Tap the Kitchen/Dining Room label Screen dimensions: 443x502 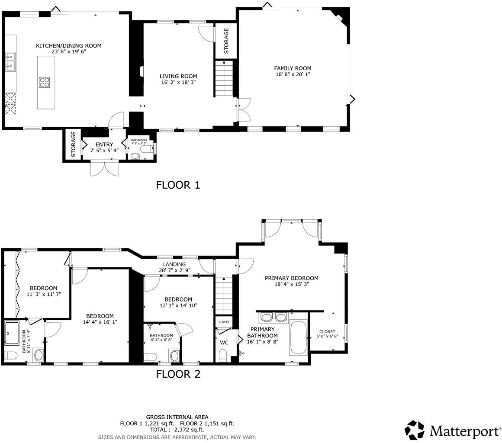click(x=68, y=46)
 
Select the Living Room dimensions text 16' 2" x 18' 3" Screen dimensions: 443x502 click(x=178, y=82)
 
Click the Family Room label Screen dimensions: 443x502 click(x=293, y=68)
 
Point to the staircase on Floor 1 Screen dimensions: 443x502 click(x=224, y=79)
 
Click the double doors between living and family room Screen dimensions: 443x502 click(x=244, y=110)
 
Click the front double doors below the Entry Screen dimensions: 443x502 click(x=104, y=168)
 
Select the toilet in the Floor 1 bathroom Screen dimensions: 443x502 click(x=146, y=150)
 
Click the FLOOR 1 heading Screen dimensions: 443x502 click(x=178, y=185)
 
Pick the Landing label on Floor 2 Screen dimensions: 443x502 click(x=174, y=264)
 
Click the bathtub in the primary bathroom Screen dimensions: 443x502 click(x=298, y=337)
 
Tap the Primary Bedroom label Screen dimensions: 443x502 click(x=291, y=278)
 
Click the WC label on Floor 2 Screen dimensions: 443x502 click(x=224, y=343)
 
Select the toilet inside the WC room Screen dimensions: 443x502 click(x=222, y=356)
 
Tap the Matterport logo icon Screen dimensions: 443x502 click(x=414, y=430)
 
